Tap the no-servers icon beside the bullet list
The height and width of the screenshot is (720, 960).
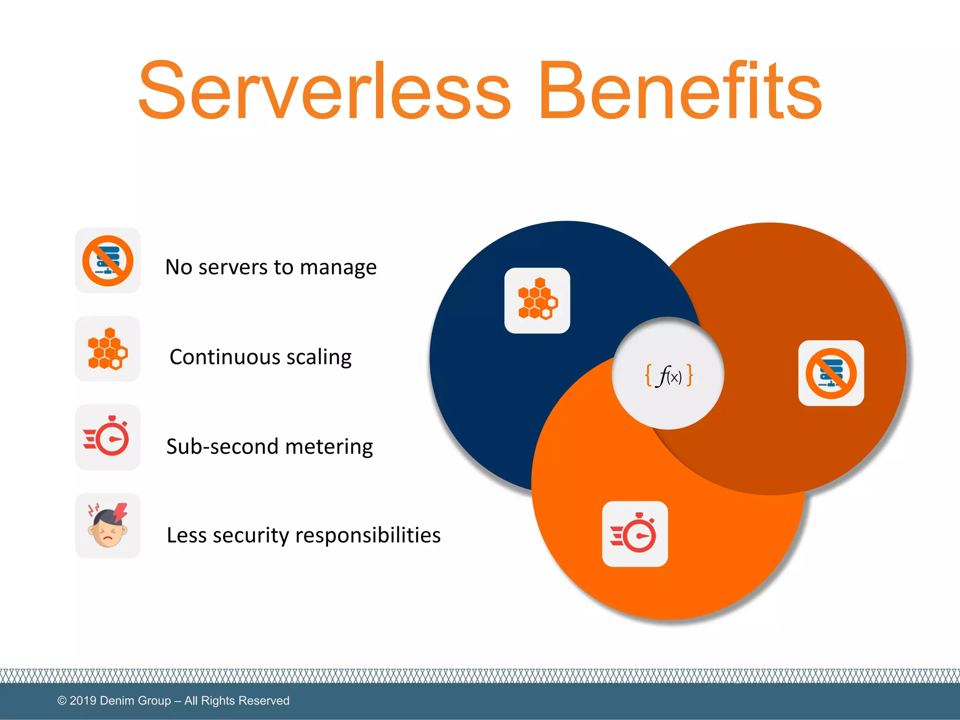point(108,261)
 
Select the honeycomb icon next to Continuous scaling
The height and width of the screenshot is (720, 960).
point(108,349)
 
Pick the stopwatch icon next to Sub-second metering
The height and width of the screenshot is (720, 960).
point(108,437)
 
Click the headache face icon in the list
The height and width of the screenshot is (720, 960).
point(108,526)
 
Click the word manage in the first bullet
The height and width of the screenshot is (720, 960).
point(338,268)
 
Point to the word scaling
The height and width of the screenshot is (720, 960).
point(319,357)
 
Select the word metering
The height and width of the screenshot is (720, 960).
point(329,447)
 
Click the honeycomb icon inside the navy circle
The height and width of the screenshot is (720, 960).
point(537,300)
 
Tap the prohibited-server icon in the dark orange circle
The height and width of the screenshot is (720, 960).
point(831,373)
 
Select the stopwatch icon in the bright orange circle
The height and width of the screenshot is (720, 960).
point(635,534)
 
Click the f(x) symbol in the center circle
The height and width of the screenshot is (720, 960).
point(669,375)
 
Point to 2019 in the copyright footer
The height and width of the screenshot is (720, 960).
point(83,700)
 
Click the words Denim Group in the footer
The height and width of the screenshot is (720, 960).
point(135,700)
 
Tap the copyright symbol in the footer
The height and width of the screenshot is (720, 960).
point(62,700)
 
